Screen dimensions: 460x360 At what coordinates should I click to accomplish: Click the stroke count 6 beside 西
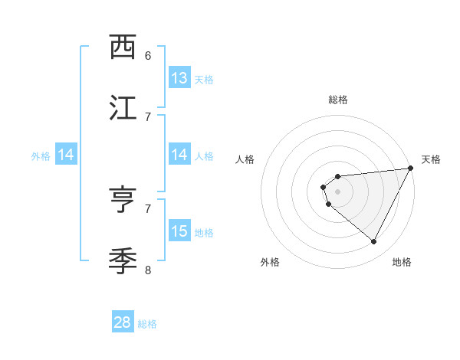[148, 56]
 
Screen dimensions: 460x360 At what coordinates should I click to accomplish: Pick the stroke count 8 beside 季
[148, 270]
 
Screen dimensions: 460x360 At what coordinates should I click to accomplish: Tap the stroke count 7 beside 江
[148, 116]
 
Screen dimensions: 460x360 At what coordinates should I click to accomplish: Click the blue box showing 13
[179, 78]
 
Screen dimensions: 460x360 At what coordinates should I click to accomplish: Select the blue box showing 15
[179, 231]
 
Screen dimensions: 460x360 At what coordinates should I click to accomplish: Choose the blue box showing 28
[123, 322]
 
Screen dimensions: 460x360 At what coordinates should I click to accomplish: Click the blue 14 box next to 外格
[66, 155]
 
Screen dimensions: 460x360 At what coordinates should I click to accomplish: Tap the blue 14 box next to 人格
[179, 155]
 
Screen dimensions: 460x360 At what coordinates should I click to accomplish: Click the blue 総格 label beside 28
[148, 324]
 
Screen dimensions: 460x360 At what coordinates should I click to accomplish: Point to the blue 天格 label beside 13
[204, 80]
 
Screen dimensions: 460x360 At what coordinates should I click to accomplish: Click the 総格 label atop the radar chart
[337, 100]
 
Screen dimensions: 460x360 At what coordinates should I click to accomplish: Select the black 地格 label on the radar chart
[402, 262]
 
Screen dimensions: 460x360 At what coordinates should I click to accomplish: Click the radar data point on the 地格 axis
[373, 241]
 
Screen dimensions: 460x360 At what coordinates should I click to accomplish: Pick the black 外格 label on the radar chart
[270, 262]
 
